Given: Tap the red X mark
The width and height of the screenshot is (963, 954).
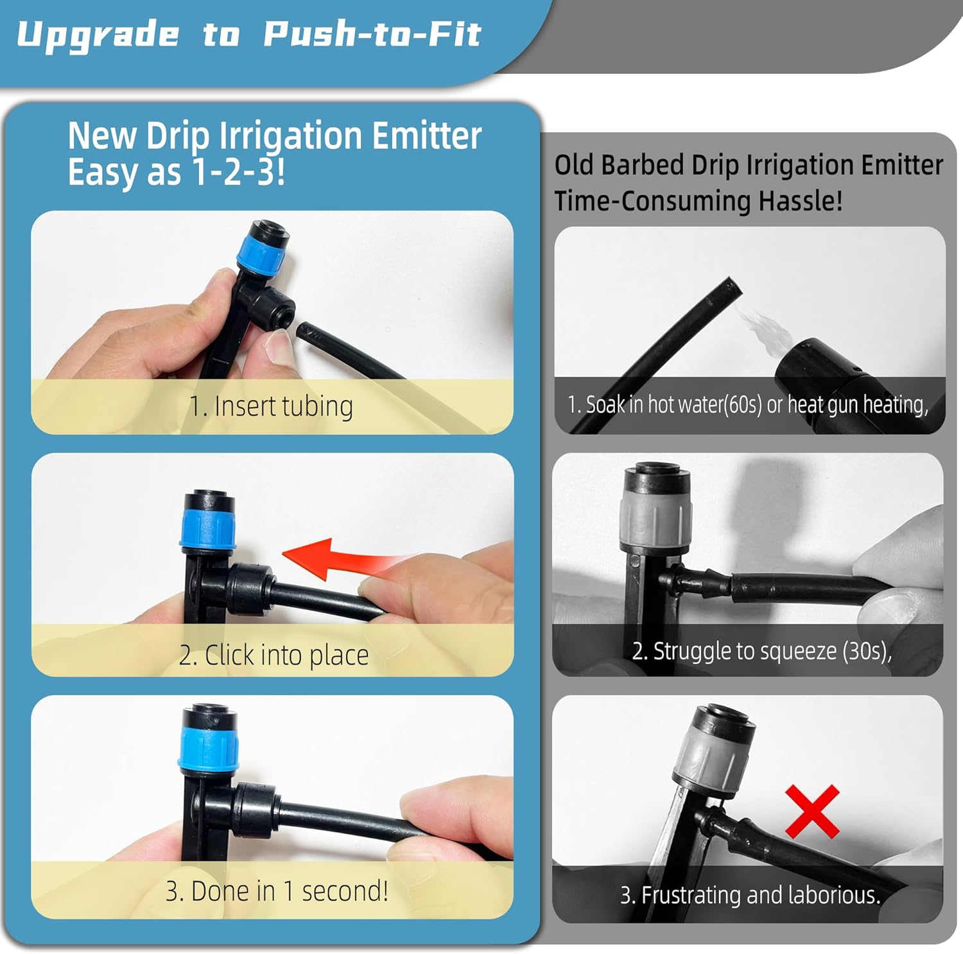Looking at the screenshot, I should point(812,811).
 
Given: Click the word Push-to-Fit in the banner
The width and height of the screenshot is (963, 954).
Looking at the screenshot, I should point(372,35).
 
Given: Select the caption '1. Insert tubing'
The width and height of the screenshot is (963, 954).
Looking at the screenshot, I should point(271,406).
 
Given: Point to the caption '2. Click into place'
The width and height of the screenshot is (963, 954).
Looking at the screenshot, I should point(273,655).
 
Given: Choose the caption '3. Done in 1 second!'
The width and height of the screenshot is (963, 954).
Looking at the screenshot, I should point(277,891).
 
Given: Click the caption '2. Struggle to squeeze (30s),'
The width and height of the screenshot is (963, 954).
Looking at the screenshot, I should point(761,651).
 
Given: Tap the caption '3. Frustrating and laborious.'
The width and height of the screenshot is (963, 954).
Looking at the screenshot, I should point(750,895).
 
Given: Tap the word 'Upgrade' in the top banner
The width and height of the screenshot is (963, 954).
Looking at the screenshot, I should point(98,35).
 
